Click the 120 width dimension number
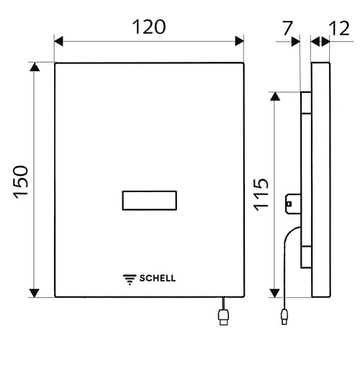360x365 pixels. pyautogui.click(x=149, y=27)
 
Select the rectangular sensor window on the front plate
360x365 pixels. pyautogui.click(x=149, y=202)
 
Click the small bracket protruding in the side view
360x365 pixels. pyautogui.click(x=292, y=203)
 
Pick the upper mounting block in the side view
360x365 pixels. pyautogui.click(x=306, y=104)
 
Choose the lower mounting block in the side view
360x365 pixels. pyautogui.click(x=306, y=256)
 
